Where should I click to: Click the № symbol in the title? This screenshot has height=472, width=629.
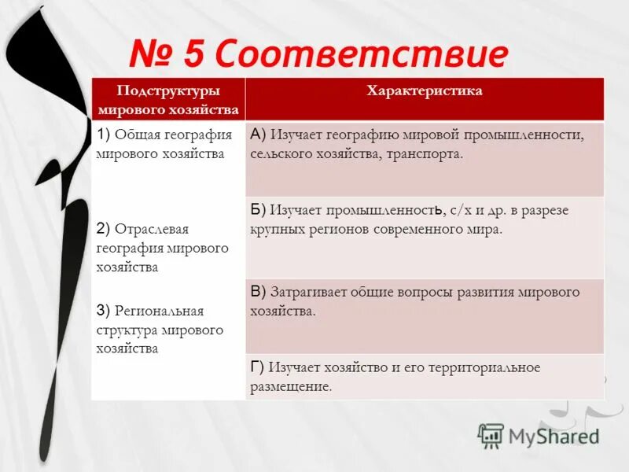(x=153, y=55)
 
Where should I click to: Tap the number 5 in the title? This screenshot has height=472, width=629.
(x=196, y=55)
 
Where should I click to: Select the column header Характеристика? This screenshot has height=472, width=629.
(x=424, y=91)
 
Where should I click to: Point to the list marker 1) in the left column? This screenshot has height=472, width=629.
(x=105, y=135)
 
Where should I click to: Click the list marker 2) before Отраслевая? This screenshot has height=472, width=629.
(x=104, y=229)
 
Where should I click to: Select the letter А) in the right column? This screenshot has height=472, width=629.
(x=259, y=135)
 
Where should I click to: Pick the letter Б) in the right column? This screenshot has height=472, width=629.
(x=259, y=210)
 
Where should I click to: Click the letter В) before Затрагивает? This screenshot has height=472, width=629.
(x=259, y=292)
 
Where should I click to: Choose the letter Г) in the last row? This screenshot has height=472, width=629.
(x=257, y=367)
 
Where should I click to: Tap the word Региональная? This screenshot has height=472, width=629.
(x=161, y=311)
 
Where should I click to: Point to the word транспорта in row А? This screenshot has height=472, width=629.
(x=423, y=154)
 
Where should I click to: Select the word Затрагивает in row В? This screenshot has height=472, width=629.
(x=308, y=292)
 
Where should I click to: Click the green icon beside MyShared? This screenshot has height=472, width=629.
(x=491, y=435)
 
